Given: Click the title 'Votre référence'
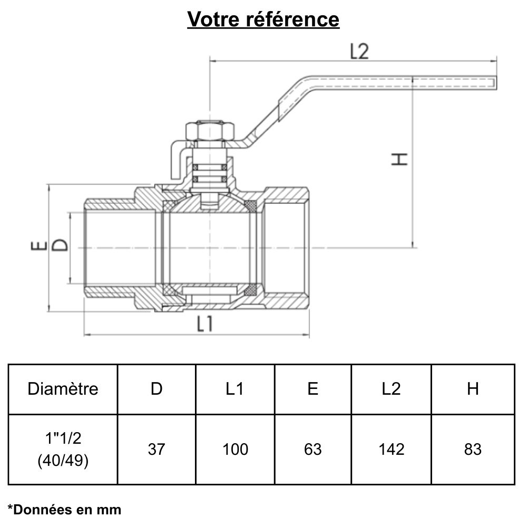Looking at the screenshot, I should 263,19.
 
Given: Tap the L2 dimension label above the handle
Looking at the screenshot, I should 359,52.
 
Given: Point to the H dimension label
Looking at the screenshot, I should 400,159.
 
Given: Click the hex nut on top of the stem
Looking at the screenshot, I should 209,130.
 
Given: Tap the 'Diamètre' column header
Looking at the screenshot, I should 63,389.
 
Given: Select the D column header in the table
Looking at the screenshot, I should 157,389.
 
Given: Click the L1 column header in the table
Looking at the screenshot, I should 235,389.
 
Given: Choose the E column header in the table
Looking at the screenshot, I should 313,389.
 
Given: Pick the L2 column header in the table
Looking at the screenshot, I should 392,389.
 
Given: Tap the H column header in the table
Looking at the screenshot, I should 473,389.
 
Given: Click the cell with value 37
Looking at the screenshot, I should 157,449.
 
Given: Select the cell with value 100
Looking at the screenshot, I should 235,449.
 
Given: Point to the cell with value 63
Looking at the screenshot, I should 313,449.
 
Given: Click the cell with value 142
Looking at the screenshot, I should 392,449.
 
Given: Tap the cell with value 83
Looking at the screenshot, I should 473,449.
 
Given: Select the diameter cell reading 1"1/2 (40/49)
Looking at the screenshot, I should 63,449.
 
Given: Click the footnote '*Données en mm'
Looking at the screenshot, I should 65,510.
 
